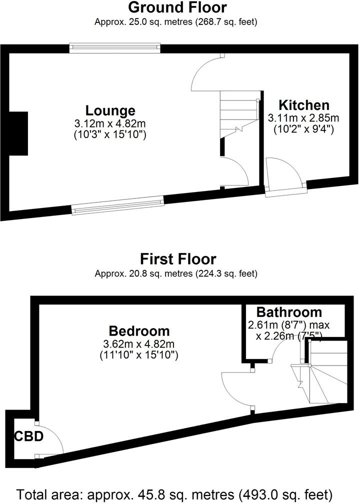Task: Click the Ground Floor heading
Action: point(177,8)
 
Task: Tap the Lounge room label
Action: point(110,110)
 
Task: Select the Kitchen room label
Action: point(303,105)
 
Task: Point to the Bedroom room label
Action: point(139,331)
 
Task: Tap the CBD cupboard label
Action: point(28,436)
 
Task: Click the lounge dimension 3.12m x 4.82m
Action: point(110,123)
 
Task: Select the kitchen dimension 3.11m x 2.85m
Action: point(303,118)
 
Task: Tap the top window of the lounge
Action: point(114,47)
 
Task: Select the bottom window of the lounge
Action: point(118,205)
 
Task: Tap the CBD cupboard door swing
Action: point(50,440)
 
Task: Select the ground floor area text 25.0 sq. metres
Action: point(175,22)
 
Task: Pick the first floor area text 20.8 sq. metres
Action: point(175,273)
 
